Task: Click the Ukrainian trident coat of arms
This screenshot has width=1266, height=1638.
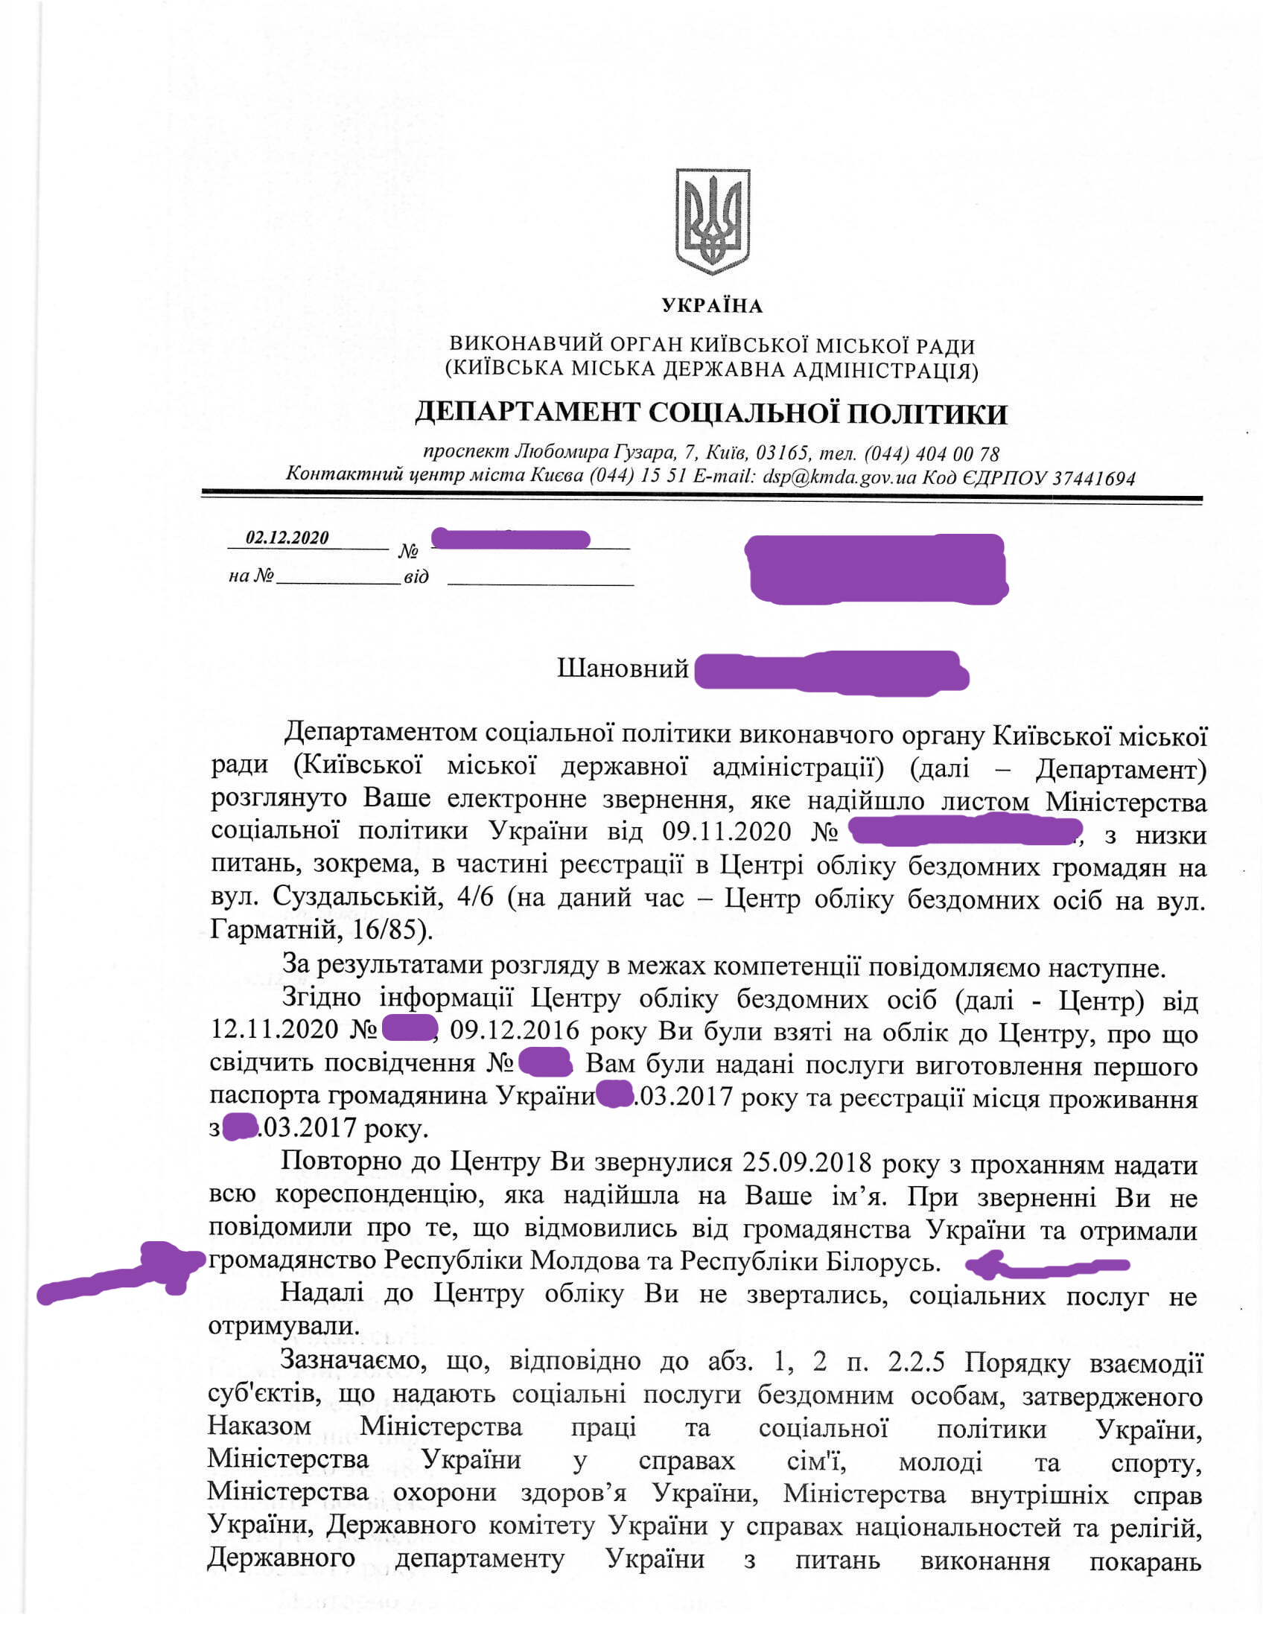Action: pos(712,221)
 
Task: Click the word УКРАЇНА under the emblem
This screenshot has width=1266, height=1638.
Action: pos(712,306)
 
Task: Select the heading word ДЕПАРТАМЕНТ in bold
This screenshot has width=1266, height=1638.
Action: pos(528,413)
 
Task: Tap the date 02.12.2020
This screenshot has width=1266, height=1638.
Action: pos(287,538)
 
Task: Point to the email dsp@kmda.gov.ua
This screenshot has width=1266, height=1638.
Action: pos(839,477)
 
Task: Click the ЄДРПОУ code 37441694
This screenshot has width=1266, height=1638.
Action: pos(1093,479)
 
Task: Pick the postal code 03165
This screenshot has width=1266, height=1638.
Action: pos(782,453)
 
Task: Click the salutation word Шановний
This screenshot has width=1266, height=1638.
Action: pos(623,669)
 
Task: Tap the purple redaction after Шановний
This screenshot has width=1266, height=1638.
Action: pos(831,672)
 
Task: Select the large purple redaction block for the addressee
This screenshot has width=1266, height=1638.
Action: pos(876,569)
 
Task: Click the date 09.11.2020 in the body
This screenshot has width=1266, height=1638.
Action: pos(727,832)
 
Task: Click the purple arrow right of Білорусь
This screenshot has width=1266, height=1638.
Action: pos(1046,1266)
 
